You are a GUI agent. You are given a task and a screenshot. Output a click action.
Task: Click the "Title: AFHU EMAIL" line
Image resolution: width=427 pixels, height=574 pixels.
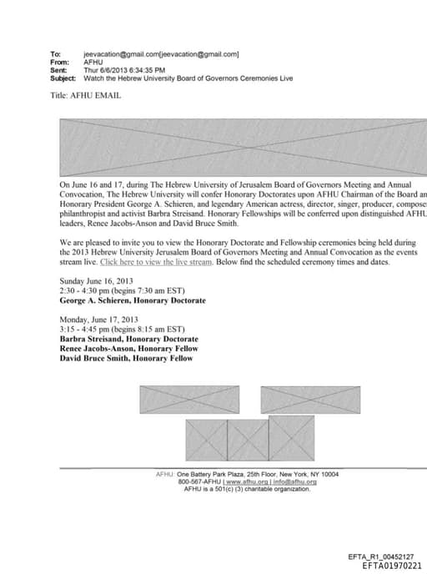coord(90,96)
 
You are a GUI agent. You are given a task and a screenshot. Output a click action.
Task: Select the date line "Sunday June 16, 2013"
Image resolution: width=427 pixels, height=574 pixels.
coord(96,281)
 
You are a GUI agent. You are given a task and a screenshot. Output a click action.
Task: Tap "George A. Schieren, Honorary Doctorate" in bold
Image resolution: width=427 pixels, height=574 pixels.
coord(133,300)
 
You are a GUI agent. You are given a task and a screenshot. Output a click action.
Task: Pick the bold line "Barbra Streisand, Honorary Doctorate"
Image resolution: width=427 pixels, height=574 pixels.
coord(129,340)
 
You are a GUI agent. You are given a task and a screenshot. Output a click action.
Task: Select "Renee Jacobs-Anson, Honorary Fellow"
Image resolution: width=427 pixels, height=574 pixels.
coord(126,349)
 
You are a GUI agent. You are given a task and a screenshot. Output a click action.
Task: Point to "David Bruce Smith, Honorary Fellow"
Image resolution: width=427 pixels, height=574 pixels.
coord(126,359)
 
